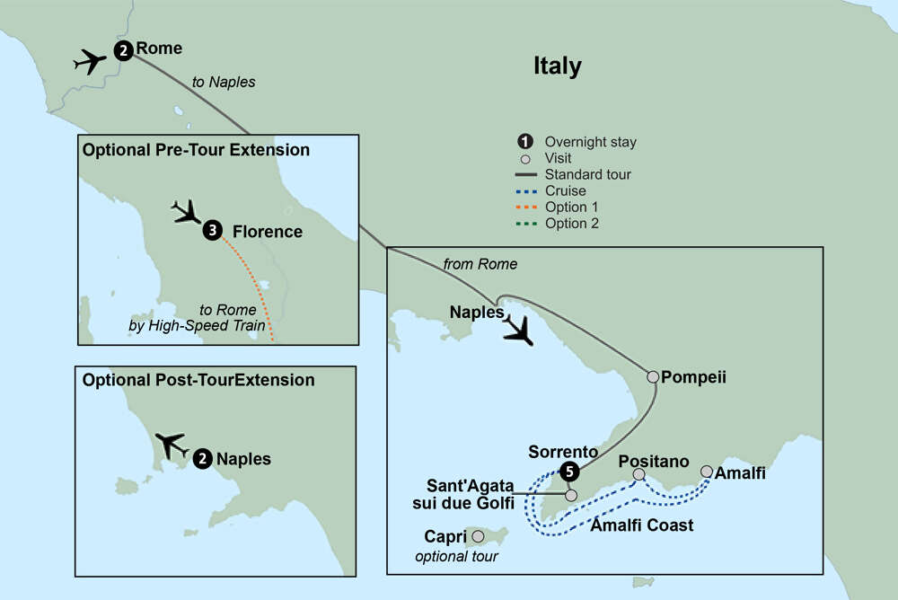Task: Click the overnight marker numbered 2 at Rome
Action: (124, 50)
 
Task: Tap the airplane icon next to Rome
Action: (91, 62)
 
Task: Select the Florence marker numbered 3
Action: (212, 231)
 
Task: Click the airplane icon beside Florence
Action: (188, 213)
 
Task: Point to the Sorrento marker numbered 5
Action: (568, 470)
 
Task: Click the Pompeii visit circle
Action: (653, 377)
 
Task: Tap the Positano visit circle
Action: (638, 474)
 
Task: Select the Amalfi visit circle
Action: (706, 472)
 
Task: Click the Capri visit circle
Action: (478, 536)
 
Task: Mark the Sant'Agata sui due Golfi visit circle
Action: (570, 494)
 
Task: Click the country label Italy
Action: (557, 66)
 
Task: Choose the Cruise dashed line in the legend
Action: (525, 191)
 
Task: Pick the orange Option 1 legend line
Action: (525, 207)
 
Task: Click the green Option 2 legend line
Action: (525, 224)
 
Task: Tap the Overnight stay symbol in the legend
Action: (525, 141)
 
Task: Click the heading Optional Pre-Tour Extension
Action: (196, 150)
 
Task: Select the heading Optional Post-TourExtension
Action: (198, 380)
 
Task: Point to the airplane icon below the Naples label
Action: (517, 331)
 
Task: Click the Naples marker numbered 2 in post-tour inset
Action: (203, 458)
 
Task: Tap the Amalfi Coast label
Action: (641, 525)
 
